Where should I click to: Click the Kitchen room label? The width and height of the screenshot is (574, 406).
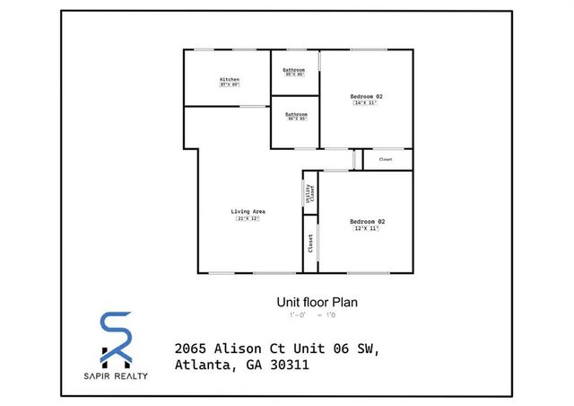(x=230, y=79)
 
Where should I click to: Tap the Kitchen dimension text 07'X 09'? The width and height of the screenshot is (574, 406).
(x=230, y=85)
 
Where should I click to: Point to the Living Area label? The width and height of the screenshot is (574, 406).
(x=248, y=212)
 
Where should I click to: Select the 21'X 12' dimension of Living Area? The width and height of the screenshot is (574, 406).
(x=248, y=218)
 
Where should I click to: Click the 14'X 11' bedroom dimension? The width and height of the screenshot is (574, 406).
(x=366, y=102)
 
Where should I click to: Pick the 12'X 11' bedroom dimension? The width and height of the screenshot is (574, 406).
(x=366, y=228)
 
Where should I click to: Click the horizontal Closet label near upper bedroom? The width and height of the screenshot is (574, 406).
(x=386, y=159)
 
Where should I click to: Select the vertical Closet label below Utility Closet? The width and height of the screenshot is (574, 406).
(x=310, y=242)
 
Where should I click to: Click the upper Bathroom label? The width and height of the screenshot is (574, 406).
(x=295, y=70)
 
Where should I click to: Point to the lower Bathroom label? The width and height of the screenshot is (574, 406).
(x=296, y=114)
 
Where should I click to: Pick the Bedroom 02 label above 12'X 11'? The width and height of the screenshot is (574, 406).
(x=366, y=221)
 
